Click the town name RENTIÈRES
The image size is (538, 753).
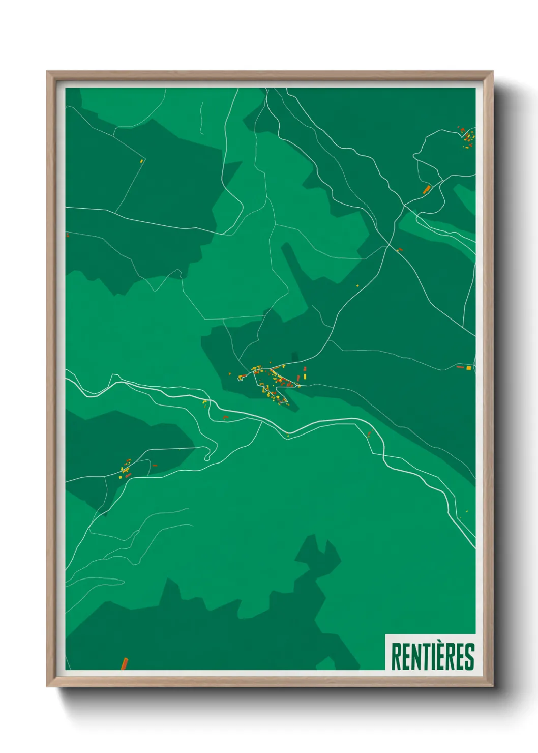tap(432, 656)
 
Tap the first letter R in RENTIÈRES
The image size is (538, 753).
tap(396, 656)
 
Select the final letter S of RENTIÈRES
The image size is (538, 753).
tap(469, 656)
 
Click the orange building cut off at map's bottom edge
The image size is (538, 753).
tap(124, 663)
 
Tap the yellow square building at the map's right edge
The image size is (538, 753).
tap(468, 367)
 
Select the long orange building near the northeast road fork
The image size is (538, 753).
tap(427, 189)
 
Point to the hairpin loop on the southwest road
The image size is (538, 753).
tap(207, 457)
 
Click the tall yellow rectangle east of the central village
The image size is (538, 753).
tap(305, 376)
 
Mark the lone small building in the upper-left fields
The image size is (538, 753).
tap(141, 161)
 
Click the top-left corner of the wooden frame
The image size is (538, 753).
tap(48, 72)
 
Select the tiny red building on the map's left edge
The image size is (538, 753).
tap(67, 235)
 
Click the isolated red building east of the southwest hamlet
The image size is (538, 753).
tap(155, 465)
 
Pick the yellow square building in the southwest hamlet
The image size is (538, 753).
tap(121, 477)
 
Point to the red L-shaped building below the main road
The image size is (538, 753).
tap(225, 417)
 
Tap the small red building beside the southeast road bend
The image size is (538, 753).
tap(369, 434)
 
